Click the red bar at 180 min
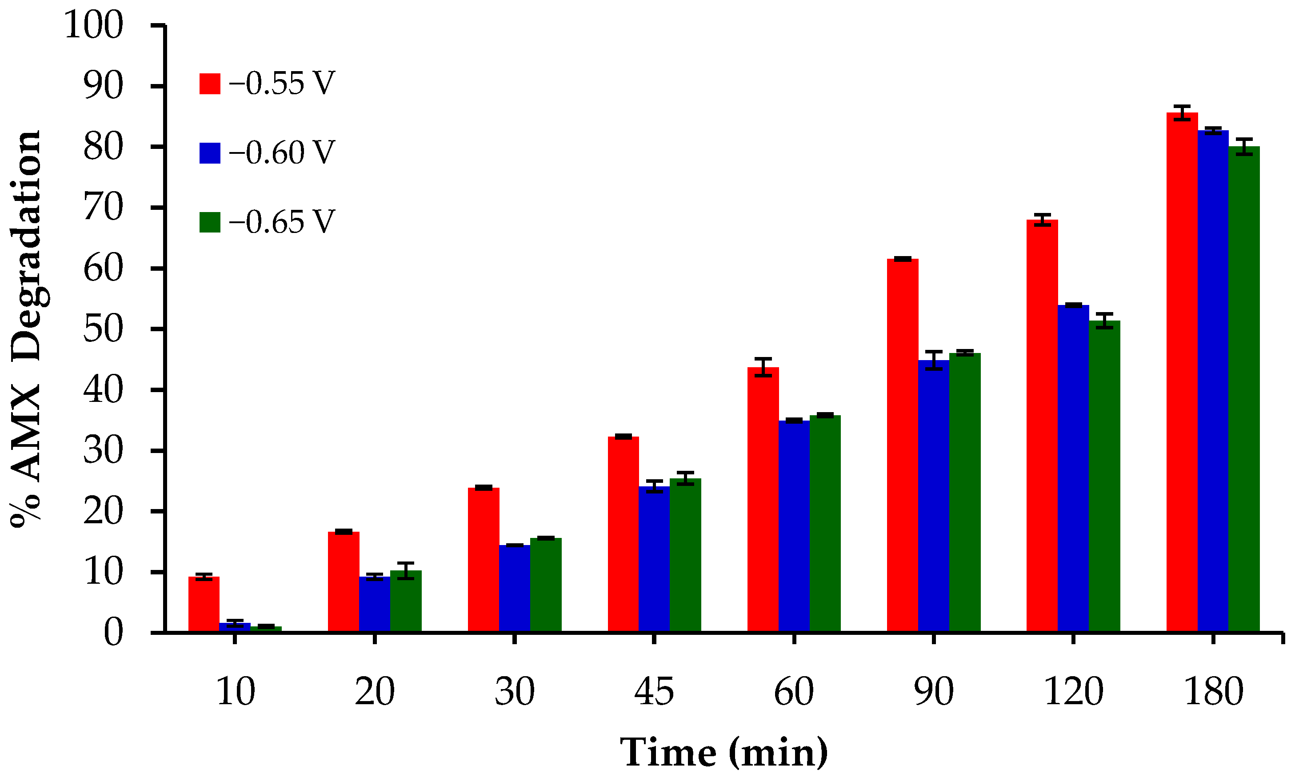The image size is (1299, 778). click(1182, 372)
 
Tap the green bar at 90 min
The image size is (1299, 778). click(965, 492)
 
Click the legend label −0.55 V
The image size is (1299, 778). click(281, 84)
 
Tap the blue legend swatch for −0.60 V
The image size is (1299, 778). click(210, 153)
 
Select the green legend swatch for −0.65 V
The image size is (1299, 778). click(210, 222)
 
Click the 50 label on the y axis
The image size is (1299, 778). click(103, 329)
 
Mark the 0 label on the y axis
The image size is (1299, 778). click(113, 633)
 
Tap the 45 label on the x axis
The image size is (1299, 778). click(654, 692)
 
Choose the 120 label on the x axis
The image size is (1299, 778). click(1074, 692)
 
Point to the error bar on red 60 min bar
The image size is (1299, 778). click(763, 367)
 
